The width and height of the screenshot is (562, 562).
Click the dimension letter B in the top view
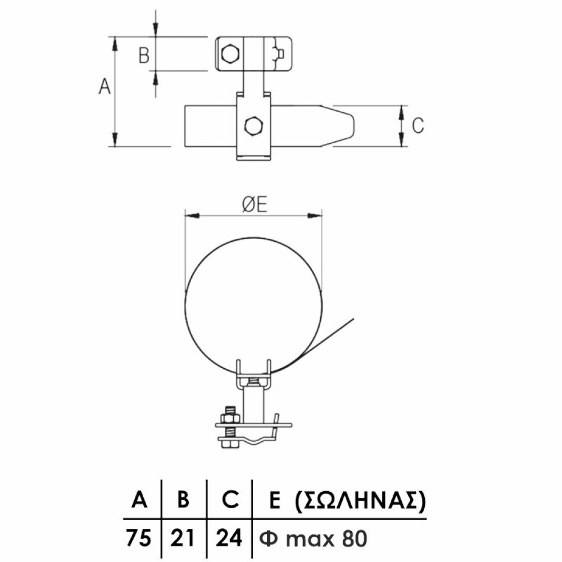pyautogui.click(x=144, y=55)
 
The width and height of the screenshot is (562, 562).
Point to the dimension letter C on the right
pyautogui.click(x=418, y=125)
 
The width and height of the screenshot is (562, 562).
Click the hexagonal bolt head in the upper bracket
pyautogui.click(x=230, y=54)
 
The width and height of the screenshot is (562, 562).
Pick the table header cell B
pyautogui.click(x=183, y=499)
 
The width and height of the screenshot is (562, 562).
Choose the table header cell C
pyautogui.click(x=229, y=499)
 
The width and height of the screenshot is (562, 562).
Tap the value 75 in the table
pyautogui.click(x=138, y=538)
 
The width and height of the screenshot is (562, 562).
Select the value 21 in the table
pyautogui.click(x=183, y=538)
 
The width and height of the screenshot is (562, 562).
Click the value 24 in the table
pyautogui.click(x=229, y=538)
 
